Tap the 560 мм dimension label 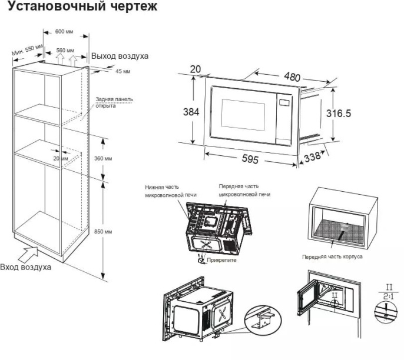65,50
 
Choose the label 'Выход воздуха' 120,56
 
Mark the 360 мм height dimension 103,159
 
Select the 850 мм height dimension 103,232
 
